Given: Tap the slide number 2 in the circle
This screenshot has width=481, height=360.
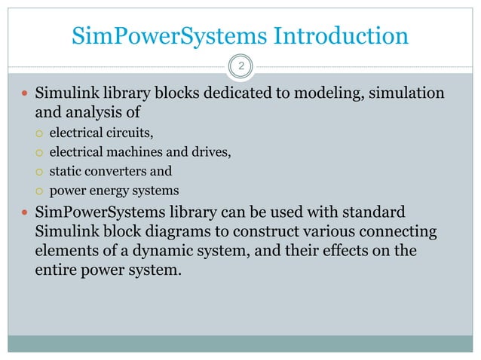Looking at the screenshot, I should (x=241, y=67).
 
